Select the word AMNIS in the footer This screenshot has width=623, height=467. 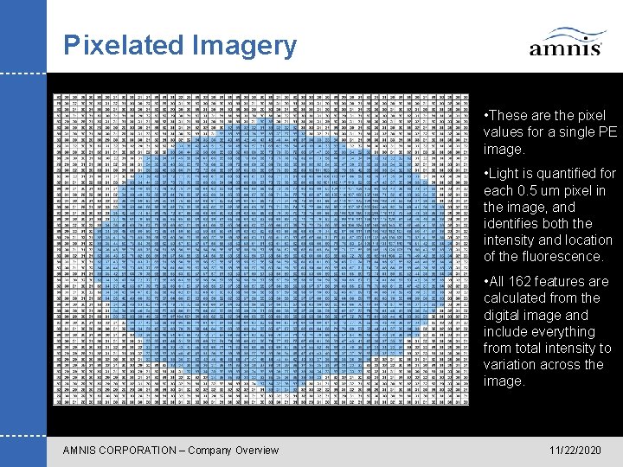click(81, 450)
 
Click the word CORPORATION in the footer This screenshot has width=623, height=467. click(144, 450)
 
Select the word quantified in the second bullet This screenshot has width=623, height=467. click(570, 174)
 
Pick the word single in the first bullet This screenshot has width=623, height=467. click(577, 131)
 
